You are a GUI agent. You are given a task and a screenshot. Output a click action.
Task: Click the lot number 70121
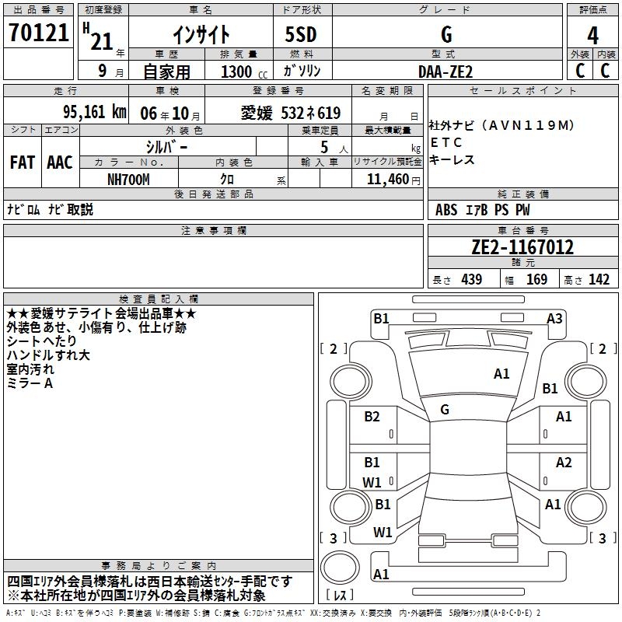[38, 33]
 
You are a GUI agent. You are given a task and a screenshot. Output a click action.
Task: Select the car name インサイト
[200, 34]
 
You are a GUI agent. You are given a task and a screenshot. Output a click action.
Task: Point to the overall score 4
[592, 35]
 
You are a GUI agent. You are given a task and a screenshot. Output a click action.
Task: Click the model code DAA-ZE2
[445, 71]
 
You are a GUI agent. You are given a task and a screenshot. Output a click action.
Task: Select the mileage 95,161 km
[95, 112]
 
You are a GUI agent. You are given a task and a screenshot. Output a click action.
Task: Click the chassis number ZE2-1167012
[522, 247]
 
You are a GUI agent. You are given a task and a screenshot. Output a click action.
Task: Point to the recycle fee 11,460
[387, 180]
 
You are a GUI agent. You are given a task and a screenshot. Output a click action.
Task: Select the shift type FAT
[22, 162]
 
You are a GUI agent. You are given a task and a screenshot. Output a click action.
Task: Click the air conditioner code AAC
[59, 162]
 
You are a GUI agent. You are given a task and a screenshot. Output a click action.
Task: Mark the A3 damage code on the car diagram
[554, 318]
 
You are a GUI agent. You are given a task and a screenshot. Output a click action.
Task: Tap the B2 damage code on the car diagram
[372, 417]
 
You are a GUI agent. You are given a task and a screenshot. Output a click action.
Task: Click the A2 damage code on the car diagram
[564, 463]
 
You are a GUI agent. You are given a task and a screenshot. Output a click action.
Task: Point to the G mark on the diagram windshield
[445, 409]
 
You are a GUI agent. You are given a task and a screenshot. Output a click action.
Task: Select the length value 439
[471, 280]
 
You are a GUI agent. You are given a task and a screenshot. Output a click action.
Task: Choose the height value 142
[599, 280]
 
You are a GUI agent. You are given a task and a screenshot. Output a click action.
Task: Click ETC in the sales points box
[446, 142]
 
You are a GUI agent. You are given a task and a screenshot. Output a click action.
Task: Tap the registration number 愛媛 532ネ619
[291, 113]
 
